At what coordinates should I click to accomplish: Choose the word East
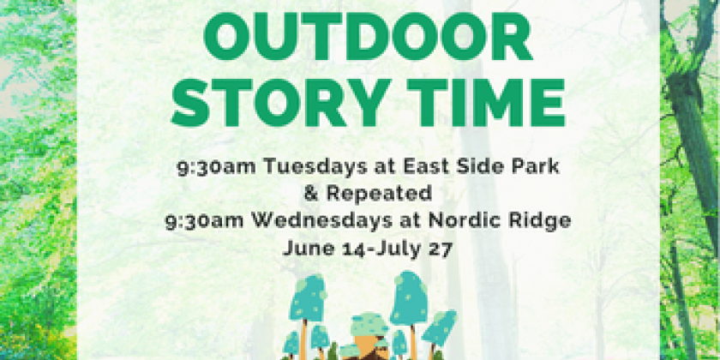pyautogui.click(x=423, y=167)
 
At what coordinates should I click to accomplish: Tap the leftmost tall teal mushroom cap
pyautogui.click(x=307, y=298)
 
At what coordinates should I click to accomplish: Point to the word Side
pyautogui.click(x=478, y=167)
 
